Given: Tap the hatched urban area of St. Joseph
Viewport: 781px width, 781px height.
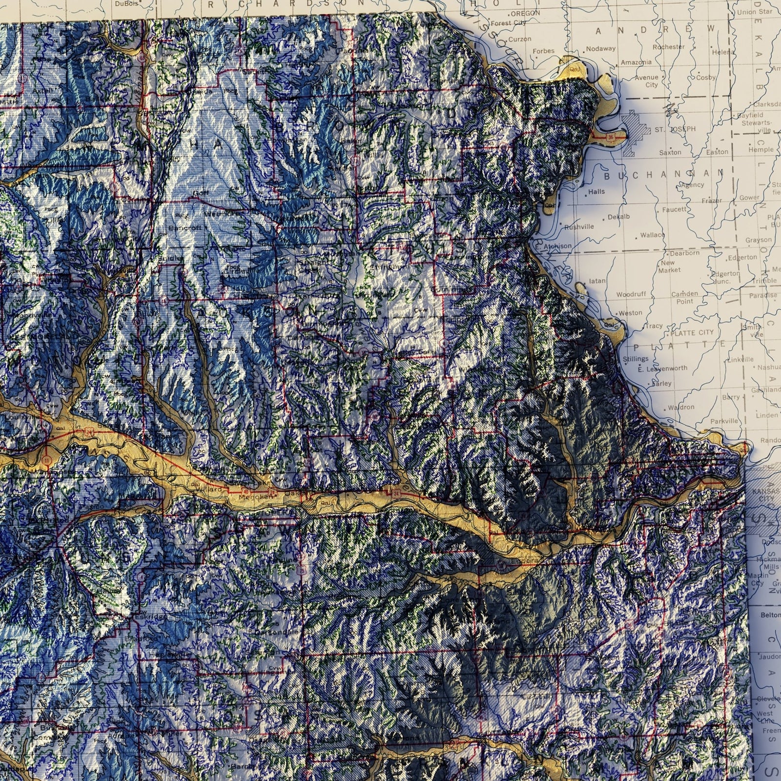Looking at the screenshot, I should pos(635,125).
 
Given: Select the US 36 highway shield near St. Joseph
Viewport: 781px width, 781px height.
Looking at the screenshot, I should pos(611,138).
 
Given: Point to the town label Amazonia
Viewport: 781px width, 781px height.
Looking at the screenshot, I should pos(636,63).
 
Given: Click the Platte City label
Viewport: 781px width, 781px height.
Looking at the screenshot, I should pos(692,332).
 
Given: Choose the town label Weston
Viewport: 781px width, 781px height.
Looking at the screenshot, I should pos(630,313).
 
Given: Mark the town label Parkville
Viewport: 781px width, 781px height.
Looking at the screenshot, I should pos(724,421).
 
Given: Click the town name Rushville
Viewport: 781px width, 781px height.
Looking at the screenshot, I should pos(579,227).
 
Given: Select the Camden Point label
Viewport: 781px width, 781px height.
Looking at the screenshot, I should pos(684,298).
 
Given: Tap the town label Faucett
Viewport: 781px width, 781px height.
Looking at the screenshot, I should pos(674,209).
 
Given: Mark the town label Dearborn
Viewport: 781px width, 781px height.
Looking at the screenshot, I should pos(684,253).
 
